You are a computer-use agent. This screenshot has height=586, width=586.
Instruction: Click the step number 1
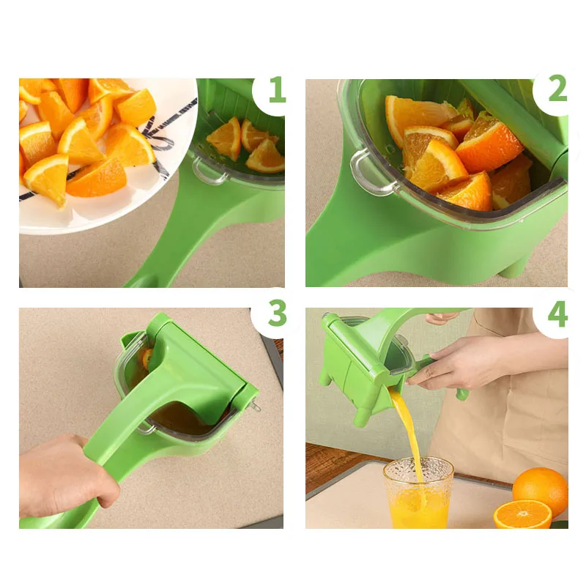point(275,91)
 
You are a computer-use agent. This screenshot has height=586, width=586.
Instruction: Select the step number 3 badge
point(276,314)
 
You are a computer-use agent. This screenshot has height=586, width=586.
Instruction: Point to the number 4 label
point(557,314)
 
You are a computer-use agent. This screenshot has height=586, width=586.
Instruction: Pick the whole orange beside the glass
point(541,489)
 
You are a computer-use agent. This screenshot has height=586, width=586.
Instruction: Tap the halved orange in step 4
point(522,514)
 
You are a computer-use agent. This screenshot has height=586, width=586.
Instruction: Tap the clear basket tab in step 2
point(364,171)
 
